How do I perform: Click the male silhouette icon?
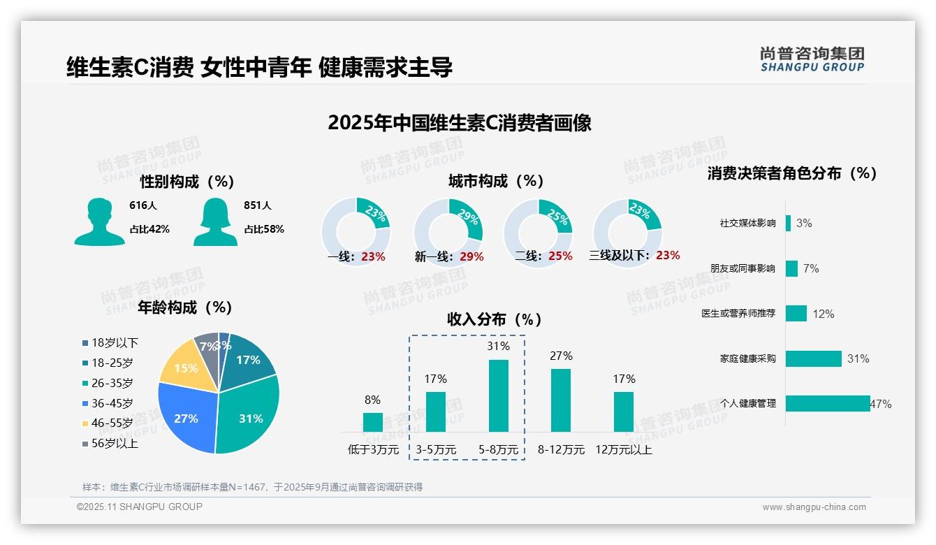[99, 221]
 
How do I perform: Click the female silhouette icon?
[215, 221]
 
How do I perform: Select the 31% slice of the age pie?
[248, 416]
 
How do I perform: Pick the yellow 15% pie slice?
[184, 367]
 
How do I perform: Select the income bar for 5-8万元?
[498, 395]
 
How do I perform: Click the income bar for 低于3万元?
[372, 422]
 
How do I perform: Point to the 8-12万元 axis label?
[561, 450]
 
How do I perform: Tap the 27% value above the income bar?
[561, 356]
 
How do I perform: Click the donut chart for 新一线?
[448, 232]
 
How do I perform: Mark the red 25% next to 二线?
[560, 256]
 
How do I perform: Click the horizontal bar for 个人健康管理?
[828, 403]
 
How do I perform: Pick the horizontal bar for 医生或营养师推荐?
[796, 313]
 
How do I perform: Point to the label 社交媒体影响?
[747, 224]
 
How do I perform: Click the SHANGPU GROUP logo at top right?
[812, 59]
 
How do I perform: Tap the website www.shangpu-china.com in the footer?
[814, 507]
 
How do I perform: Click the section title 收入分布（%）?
[495, 320]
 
